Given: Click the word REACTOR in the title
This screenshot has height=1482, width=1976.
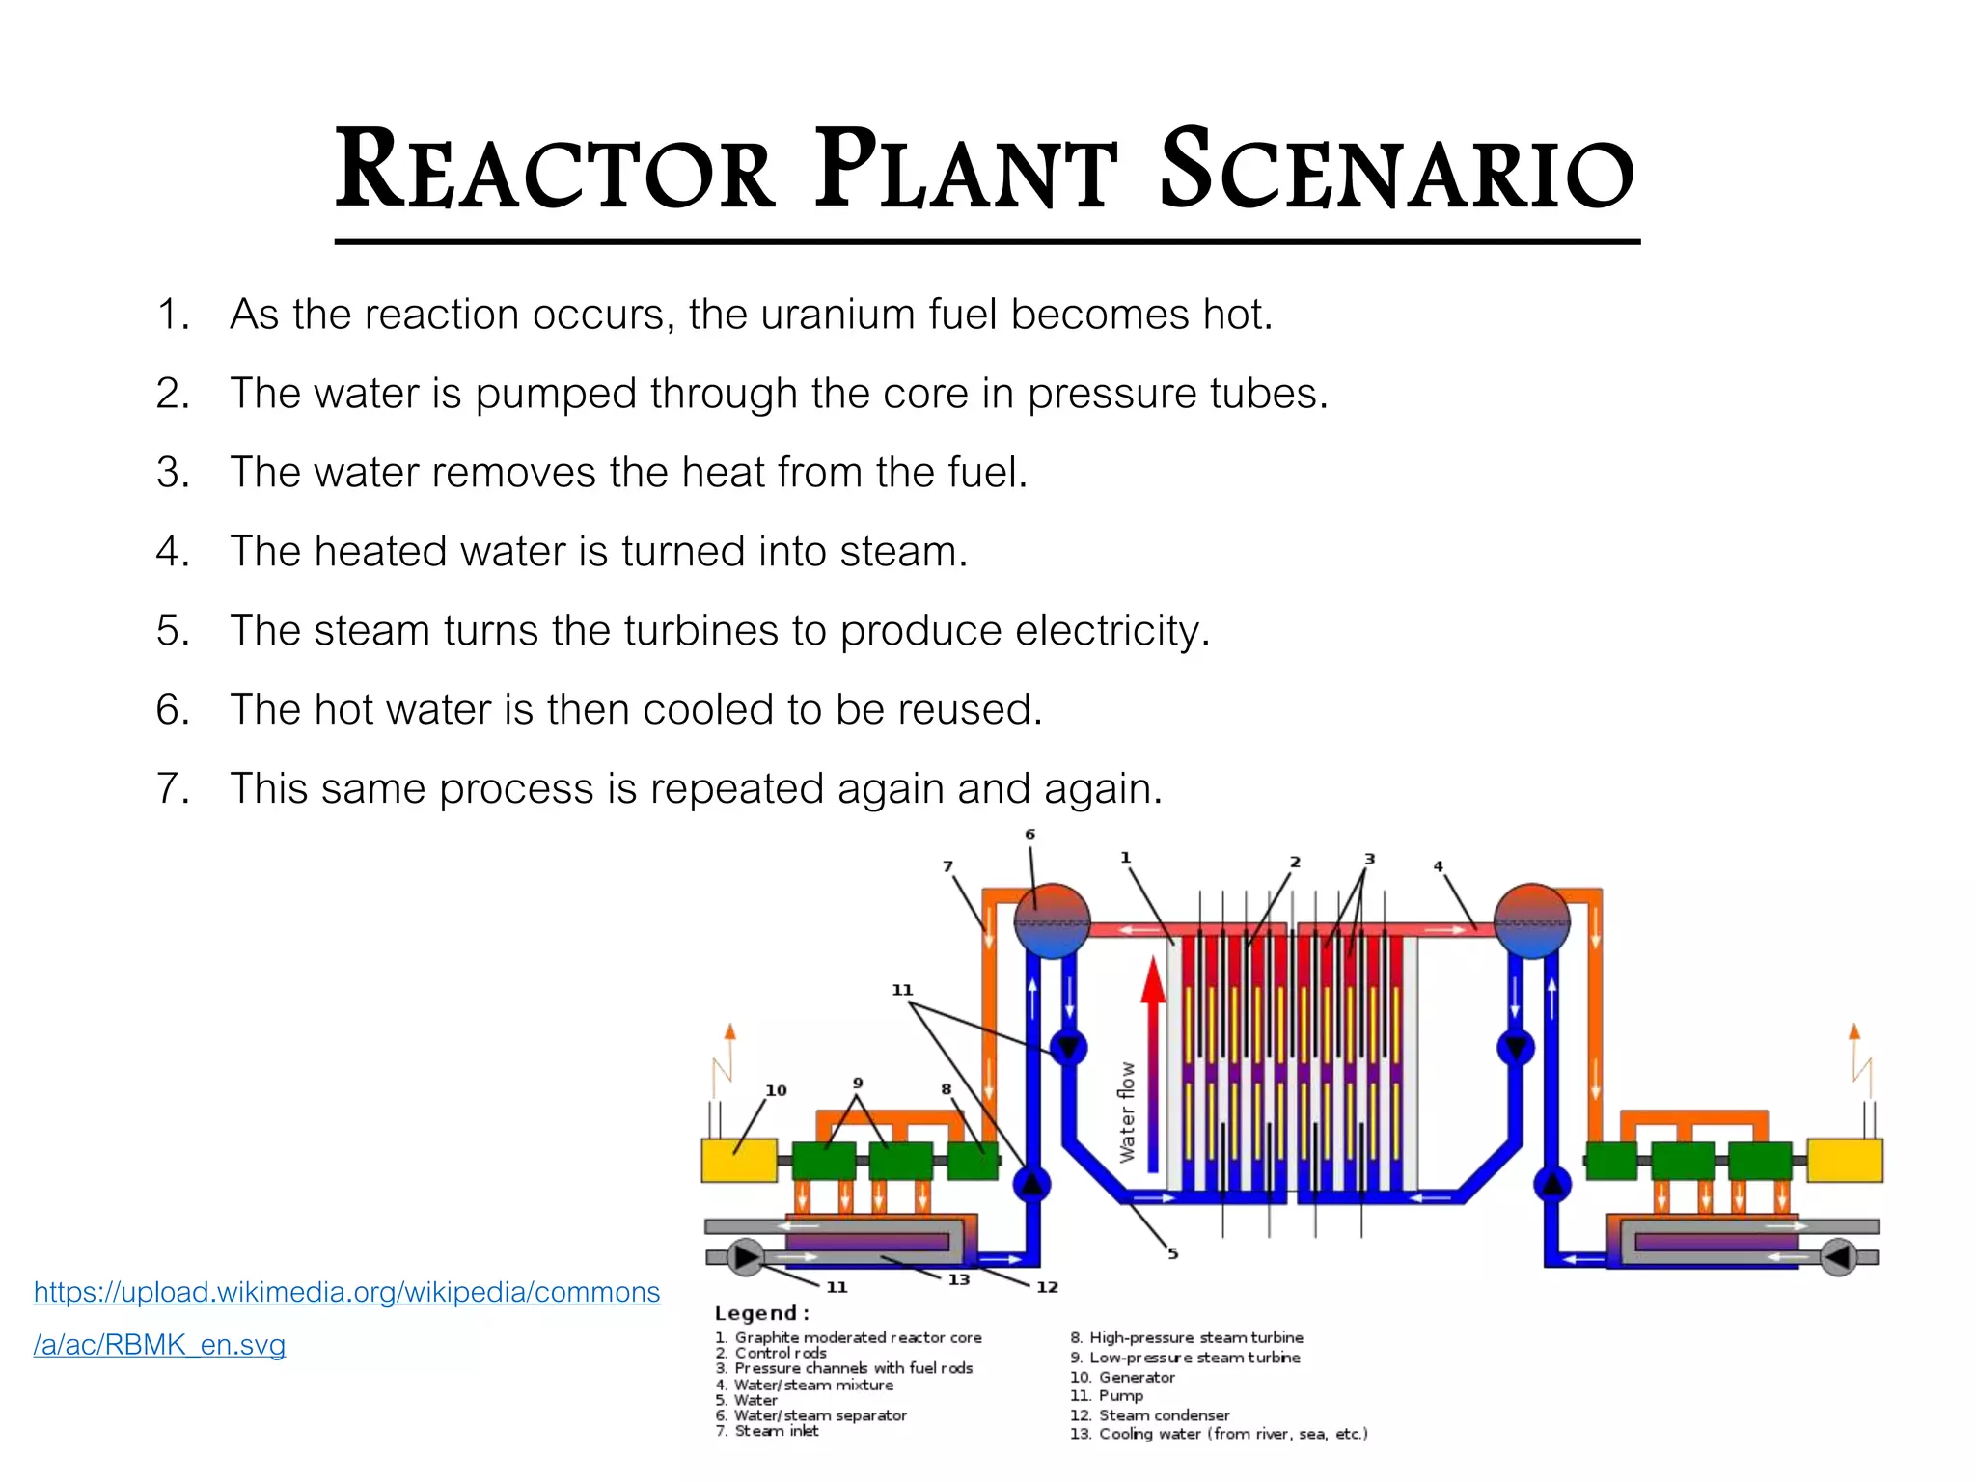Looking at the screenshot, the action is [x=555, y=170].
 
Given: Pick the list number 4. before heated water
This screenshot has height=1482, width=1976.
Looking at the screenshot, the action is [x=174, y=552].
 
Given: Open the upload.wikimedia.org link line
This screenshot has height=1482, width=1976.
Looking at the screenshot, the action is [x=347, y=1293].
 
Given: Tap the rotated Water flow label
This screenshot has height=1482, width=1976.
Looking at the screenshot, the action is [x=1126, y=1112].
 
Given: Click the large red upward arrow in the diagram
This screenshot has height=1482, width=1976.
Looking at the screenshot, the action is [x=1153, y=1063].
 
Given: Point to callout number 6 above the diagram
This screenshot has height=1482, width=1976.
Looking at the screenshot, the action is [x=1029, y=835].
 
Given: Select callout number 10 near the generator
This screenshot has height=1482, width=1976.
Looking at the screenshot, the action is [x=776, y=1090].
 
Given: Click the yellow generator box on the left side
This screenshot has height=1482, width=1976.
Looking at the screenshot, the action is [x=739, y=1161].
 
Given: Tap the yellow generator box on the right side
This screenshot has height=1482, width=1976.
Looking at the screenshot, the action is [x=1844, y=1161].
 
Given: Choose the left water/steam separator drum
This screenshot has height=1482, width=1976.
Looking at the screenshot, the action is [x=1052, y=920].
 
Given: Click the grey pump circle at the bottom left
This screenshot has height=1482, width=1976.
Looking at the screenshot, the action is [x=745, y=1257].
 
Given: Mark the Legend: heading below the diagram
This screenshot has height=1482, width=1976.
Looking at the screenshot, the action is [x=761, y=1313].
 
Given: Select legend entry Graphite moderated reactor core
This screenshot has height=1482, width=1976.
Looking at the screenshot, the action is [x=848, y=1337].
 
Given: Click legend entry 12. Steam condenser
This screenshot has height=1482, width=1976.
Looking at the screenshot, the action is [x=1149, y=1415].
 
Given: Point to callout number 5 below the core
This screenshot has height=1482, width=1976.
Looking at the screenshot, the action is [x=1172, y=1253].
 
